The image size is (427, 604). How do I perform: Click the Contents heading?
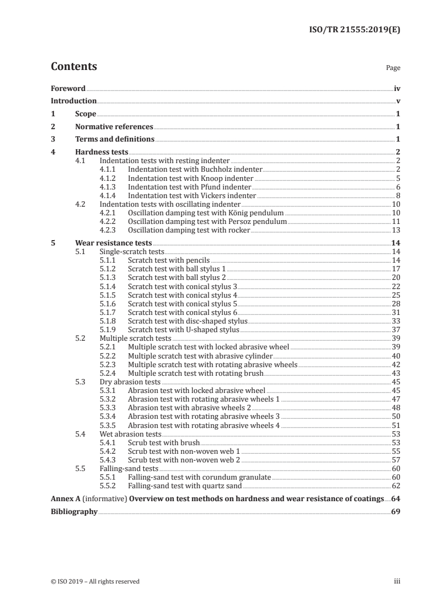point(74,67)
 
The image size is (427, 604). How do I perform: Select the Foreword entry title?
point(68,88)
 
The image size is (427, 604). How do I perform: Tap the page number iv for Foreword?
point(397,88)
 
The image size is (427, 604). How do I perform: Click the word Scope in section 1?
point(86,114)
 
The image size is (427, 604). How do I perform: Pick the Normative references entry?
point(114,127)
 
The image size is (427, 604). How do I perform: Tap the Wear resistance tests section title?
point(114,243)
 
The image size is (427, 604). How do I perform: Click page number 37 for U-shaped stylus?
point(396,329)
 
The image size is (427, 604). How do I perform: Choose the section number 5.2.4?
point(110,373)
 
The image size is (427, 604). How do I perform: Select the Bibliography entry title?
point(74,511)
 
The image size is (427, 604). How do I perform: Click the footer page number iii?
point(397,581)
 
